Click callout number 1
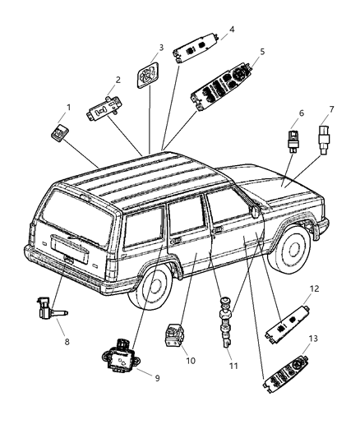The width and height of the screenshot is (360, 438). [x=69, y=107]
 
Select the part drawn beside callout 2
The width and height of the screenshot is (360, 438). [x=102, y=107]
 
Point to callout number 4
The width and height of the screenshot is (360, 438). [x=231, y=29]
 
